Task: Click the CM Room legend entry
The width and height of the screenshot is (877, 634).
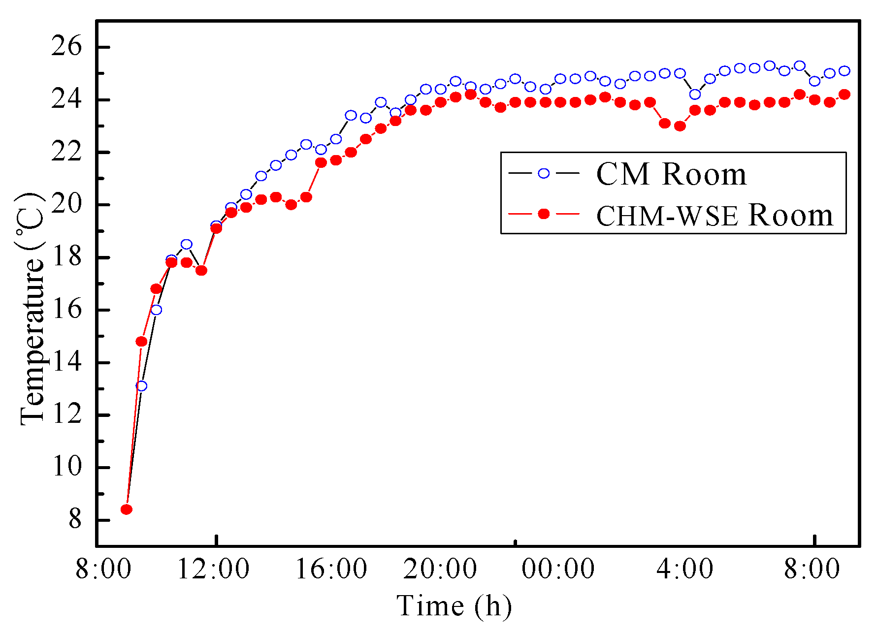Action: [671, 174]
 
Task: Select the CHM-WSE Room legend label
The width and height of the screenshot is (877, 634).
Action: [714, 215]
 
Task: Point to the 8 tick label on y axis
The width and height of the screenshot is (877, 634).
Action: [75, 520]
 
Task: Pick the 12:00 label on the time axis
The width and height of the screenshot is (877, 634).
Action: [213, 570]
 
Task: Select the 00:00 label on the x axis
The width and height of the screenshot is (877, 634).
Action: [558, 570]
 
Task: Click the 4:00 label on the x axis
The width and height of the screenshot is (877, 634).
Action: [685, 570]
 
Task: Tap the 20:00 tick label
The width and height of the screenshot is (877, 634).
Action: [440, 570]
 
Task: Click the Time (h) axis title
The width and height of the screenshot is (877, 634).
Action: [454, 606]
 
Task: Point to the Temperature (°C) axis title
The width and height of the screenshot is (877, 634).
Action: [32, 309]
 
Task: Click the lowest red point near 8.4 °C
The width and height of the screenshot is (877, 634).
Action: [127, 509]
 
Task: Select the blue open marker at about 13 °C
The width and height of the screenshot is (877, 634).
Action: [141, 386]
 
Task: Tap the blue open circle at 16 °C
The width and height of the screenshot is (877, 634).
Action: [156, 310]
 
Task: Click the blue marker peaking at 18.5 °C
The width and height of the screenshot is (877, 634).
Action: [186, 244]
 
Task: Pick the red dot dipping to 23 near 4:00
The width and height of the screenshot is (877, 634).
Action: [680, 126]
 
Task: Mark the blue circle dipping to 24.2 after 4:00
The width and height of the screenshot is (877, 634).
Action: [695, 95]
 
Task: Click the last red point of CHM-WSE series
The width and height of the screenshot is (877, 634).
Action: [845, 95]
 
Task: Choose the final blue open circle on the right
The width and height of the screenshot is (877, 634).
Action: [845, 71]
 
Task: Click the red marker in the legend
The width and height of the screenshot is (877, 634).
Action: [544, 214]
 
